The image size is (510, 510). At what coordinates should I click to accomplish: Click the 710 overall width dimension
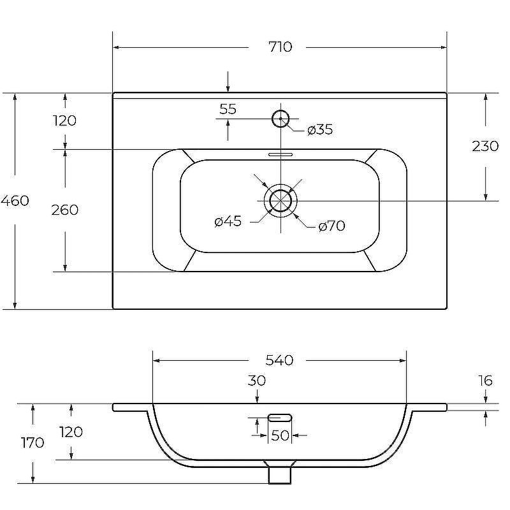point(280,47)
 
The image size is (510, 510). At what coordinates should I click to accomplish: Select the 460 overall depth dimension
point(15,201)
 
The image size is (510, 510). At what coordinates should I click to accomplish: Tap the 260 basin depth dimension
point(65,210)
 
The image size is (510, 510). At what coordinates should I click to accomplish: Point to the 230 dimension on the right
point(485,146)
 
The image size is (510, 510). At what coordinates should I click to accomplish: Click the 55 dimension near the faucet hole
point(228,109)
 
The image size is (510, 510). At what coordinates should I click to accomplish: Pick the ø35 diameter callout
point(320,129)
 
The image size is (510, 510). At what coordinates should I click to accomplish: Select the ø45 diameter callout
point(228,221)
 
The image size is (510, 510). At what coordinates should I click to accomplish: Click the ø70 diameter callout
point(331,226)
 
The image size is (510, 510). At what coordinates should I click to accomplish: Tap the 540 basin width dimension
point(279,360)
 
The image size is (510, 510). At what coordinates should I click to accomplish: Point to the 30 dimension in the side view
point(257,381)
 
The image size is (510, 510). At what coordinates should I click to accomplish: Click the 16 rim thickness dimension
point(485,381)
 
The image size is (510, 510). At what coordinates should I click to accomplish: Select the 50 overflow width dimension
point(280,435)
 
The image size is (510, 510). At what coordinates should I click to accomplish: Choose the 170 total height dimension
point(33,442)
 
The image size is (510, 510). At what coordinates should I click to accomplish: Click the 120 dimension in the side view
point(71,432)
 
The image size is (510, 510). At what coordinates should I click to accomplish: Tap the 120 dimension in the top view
point(65,120)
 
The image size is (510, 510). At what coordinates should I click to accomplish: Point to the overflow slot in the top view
point(280,154)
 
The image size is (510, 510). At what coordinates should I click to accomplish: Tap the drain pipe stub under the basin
point(280,475)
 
